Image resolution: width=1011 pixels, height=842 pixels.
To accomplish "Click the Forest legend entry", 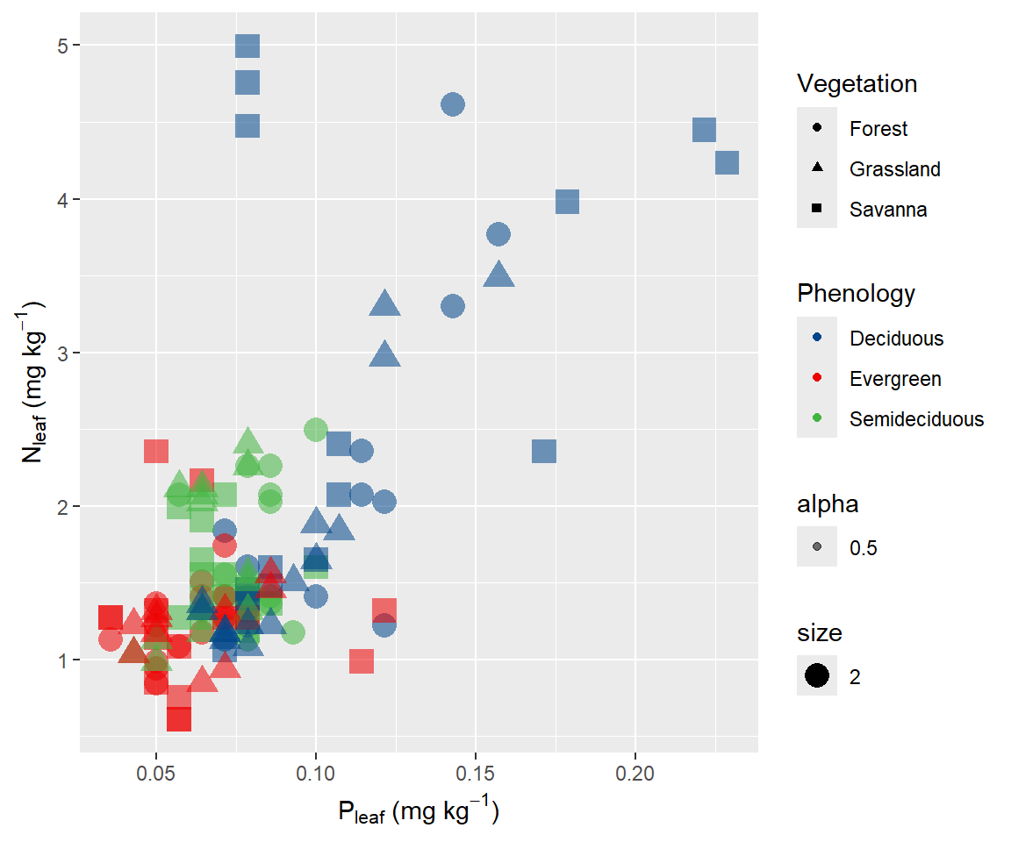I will click(878, 129).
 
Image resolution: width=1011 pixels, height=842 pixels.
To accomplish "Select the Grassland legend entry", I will click(894, 169).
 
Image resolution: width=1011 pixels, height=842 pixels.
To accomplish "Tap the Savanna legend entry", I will click(887, 210).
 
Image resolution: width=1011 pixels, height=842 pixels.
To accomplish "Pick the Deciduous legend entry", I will click(896, 339).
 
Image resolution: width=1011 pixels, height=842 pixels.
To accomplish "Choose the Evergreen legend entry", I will click(895, 379).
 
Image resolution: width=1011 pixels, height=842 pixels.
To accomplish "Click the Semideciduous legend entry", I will click(916, 419).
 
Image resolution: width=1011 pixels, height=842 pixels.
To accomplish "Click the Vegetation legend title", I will click(857, 84).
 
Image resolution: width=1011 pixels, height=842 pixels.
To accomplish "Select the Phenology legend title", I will click(856, 293).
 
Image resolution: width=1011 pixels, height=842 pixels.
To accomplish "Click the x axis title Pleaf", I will click(419, 811).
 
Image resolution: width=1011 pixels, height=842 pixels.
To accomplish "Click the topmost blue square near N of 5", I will click(247, 46).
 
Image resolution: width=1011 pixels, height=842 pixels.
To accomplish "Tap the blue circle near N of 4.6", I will click(452, 104).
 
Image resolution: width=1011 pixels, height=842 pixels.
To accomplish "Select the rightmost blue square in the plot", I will click(727, 163).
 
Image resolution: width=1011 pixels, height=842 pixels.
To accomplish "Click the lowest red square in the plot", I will click(179, 718).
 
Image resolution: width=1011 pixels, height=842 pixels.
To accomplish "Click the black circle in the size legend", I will click(817, 676).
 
